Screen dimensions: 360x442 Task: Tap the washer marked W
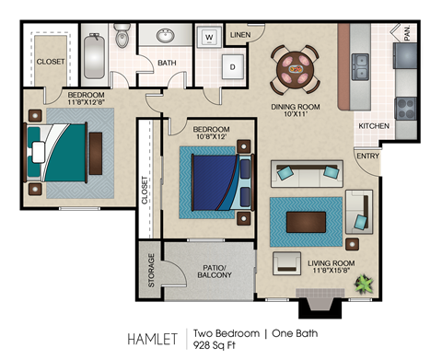click(210, 38)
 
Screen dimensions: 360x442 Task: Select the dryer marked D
click(232, 68)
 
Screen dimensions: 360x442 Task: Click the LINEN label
click(239, 35)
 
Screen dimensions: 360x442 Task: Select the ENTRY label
click(368, 156)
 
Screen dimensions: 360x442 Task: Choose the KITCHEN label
click(373, 125)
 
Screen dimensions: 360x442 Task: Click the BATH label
click(167, 64)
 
